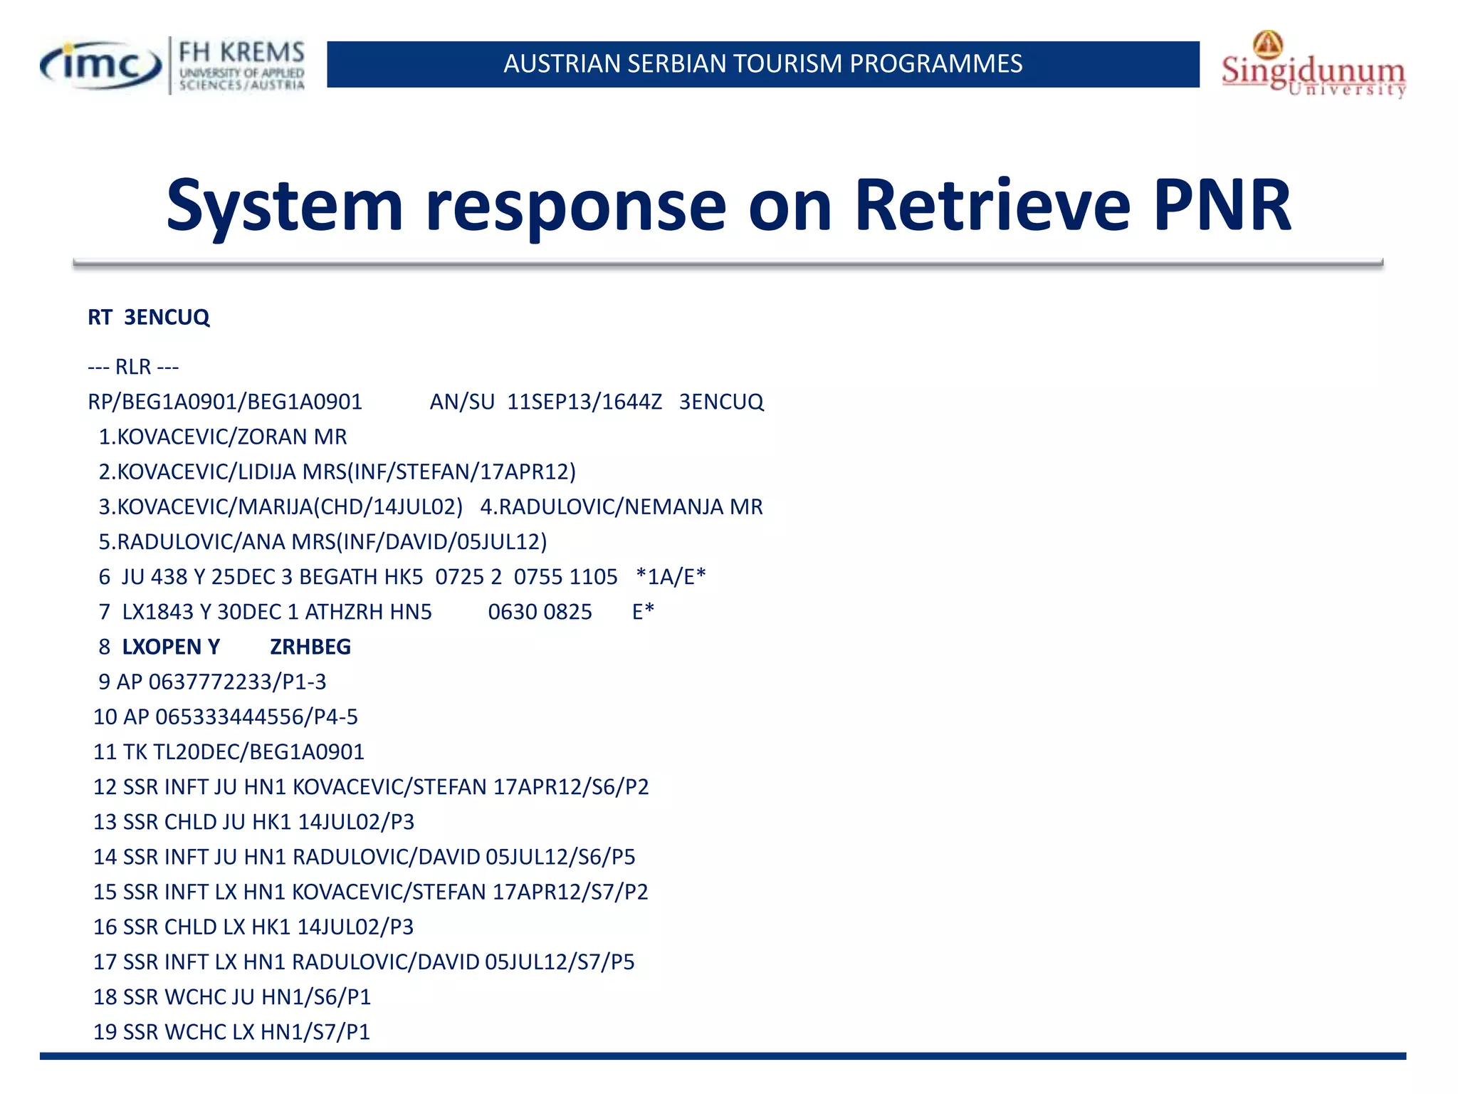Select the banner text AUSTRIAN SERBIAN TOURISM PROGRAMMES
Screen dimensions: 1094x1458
762,64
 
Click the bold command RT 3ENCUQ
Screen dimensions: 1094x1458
149,317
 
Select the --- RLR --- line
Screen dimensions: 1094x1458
133,367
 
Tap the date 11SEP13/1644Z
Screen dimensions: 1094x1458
584,402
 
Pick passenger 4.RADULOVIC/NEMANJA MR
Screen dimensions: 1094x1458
621,506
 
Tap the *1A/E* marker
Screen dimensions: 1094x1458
671,577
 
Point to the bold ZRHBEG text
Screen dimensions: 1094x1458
310,647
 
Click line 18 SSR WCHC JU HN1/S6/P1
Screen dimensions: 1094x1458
232,996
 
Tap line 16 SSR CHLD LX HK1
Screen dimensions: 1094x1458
253,927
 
